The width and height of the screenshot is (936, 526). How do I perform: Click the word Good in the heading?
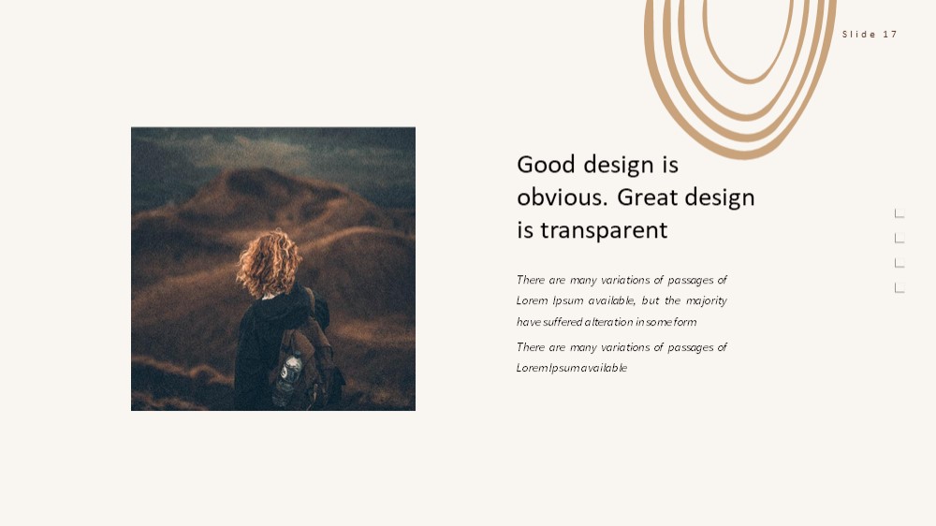[546, 164]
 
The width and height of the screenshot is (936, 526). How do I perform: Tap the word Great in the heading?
[647, 197]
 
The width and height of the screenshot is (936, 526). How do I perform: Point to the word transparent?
[604, 230]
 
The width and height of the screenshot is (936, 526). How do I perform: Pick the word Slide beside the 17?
[859, 34]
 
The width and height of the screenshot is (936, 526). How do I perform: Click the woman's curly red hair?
[269, 263]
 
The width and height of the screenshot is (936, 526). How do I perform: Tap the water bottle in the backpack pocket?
[287, 377]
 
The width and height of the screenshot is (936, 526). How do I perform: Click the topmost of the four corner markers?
[899, 213]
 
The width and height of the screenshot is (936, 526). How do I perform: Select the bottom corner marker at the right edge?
[899, 287]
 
